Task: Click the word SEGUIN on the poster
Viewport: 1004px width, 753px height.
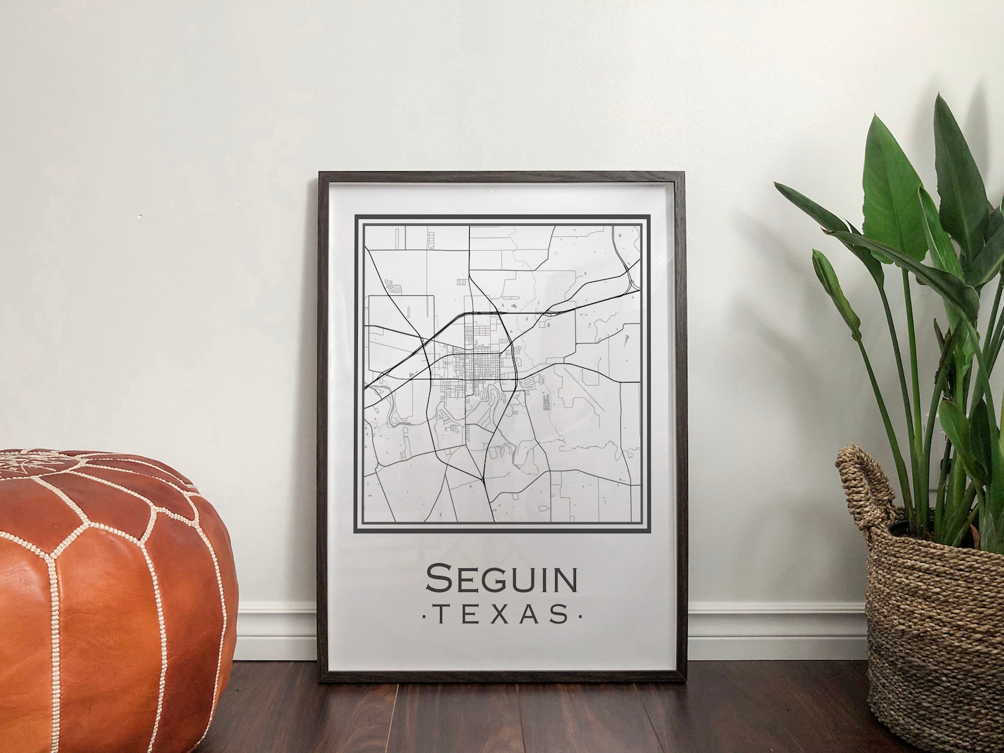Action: tap(502, 579)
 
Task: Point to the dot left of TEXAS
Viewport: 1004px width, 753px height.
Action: tap(422, 615)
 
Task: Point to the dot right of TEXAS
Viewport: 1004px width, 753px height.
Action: tap(581, 615)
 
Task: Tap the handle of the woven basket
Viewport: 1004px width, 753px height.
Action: tap(861, 481)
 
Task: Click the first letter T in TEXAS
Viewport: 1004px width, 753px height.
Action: tap(438, 614)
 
